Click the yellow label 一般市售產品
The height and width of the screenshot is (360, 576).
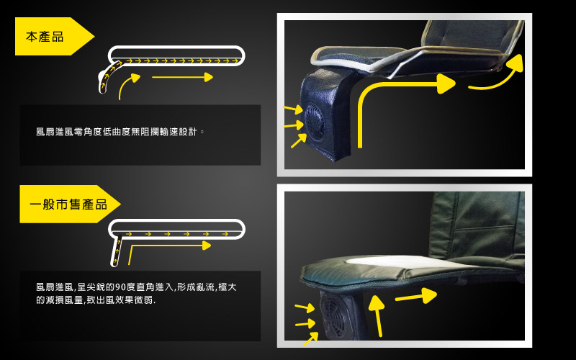[68, 204]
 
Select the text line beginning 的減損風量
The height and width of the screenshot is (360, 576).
[96, 300]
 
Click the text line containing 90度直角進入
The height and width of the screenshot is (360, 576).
[136, 287]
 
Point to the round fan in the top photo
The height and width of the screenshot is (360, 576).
[315, 122]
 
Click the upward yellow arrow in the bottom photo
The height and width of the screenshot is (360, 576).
[377, 316]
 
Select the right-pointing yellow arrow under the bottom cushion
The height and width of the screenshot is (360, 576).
[416, 296]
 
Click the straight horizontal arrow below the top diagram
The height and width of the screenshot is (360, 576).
[183, 77]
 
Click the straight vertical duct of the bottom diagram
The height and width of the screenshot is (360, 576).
[117, 251]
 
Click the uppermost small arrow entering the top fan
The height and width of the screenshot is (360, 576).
[293, 109]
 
